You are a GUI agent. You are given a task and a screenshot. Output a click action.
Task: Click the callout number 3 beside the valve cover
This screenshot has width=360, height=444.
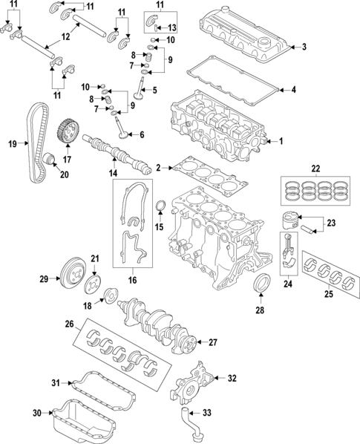[x=303, y=48]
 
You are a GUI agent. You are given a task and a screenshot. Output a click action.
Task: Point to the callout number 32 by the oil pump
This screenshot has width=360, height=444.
[x=232, y=378]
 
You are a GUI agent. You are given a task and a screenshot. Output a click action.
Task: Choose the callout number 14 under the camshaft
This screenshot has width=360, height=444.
[x=114, y=172]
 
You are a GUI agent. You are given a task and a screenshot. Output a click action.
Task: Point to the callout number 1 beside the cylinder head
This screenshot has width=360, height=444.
[x=281, y=141]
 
